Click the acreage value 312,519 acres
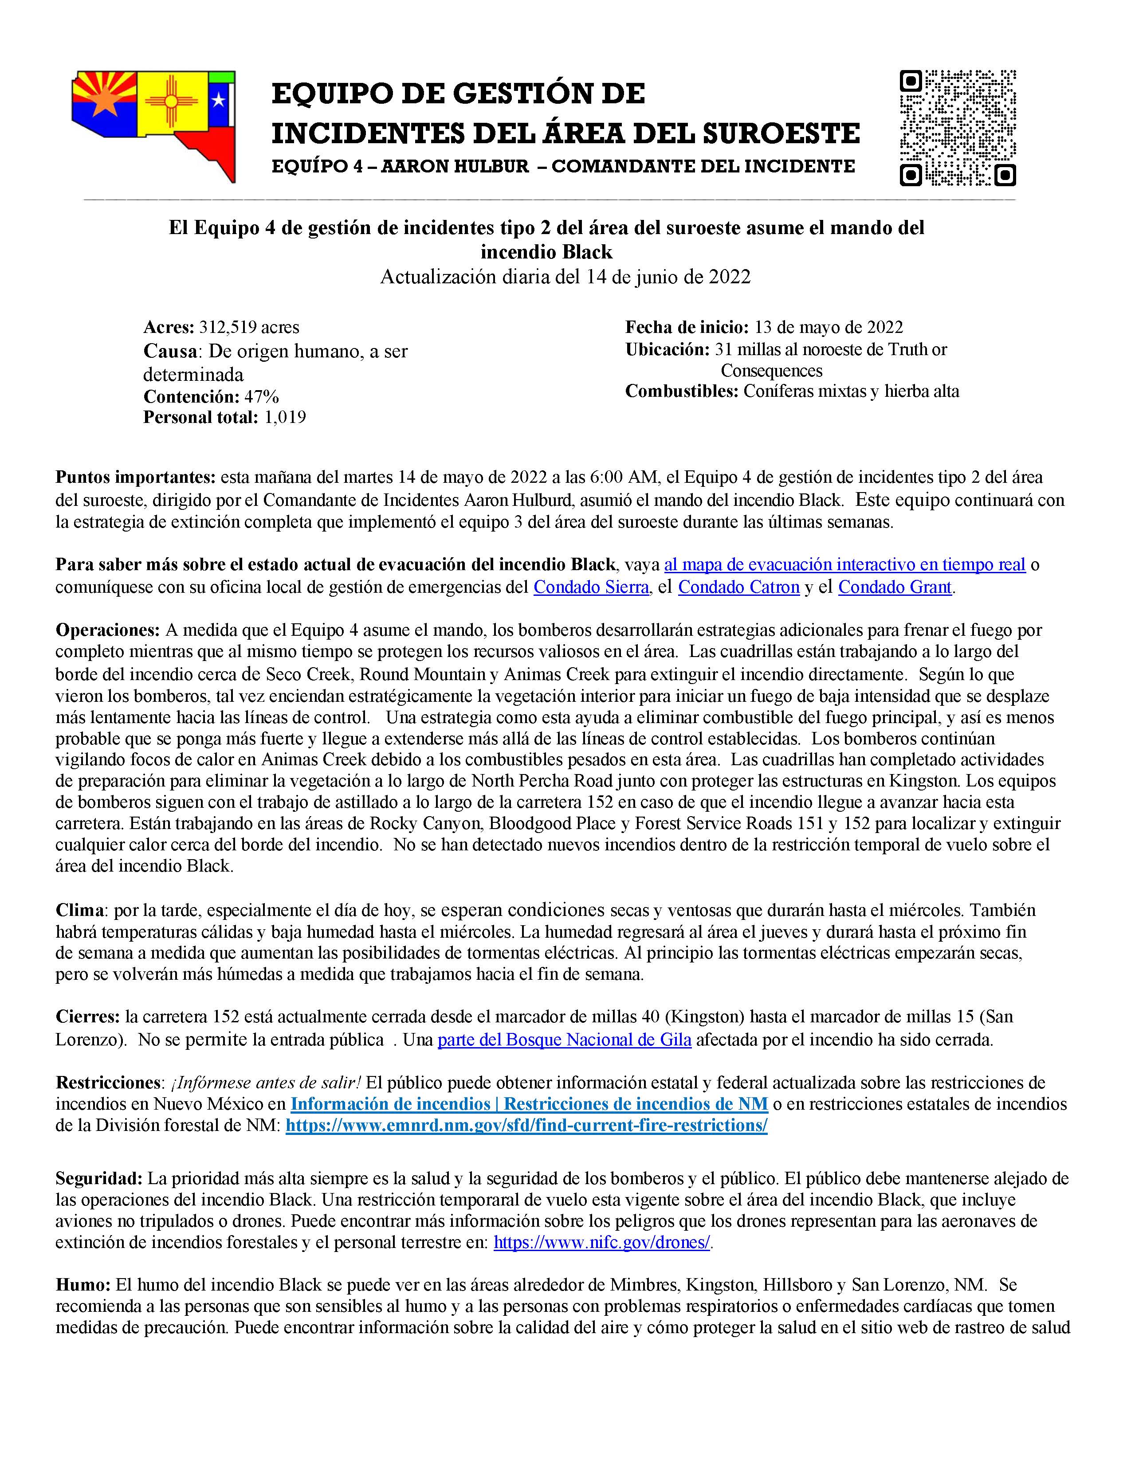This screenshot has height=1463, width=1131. (x=248, y=328)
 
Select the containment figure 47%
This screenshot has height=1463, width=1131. (x=261, y=397)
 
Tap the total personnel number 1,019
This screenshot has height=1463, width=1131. (x=285, y=417)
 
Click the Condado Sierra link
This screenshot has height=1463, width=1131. (x=591, y=587)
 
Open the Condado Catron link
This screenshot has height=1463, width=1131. (x=738, y=587)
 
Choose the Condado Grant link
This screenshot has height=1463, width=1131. (x=895, y=587)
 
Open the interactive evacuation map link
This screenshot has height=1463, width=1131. (x=844, y=565)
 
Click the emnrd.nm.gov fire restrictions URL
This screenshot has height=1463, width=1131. (x=526, y=1125)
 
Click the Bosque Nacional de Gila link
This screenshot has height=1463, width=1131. (x=564, y=1040)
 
